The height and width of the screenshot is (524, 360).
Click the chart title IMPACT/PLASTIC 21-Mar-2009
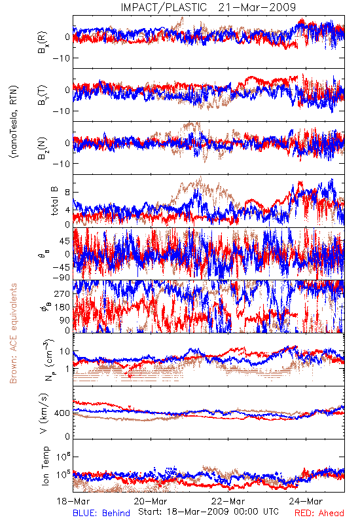coord(208,7)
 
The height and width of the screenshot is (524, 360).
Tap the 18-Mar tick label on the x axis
coord(73,501)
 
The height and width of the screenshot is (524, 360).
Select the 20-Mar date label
coord(151,501)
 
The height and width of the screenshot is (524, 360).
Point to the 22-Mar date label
coord(228,501)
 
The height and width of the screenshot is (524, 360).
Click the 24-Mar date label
coord(306,501)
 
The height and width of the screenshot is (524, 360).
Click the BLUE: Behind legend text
coord(101,513)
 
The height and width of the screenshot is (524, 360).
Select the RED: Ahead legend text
coord(319,513)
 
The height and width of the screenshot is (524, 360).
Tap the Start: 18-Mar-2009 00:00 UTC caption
coord(208,512)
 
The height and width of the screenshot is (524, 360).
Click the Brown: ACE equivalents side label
coord(13,333)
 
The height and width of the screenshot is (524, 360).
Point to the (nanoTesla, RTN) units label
coord(14,121)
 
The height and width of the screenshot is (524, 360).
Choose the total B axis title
coord(54,201)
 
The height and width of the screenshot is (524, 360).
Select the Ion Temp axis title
coord(45,466)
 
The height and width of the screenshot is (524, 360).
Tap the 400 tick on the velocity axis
coord(62,413)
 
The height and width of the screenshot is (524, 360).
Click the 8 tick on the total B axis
coord(67,193)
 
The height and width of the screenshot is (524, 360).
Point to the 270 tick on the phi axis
coord(62,294)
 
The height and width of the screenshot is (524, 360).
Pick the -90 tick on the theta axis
coord(62,278)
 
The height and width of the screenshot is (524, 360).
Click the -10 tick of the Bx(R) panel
coord(62,58)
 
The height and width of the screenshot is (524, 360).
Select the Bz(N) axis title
coord(43,148)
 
